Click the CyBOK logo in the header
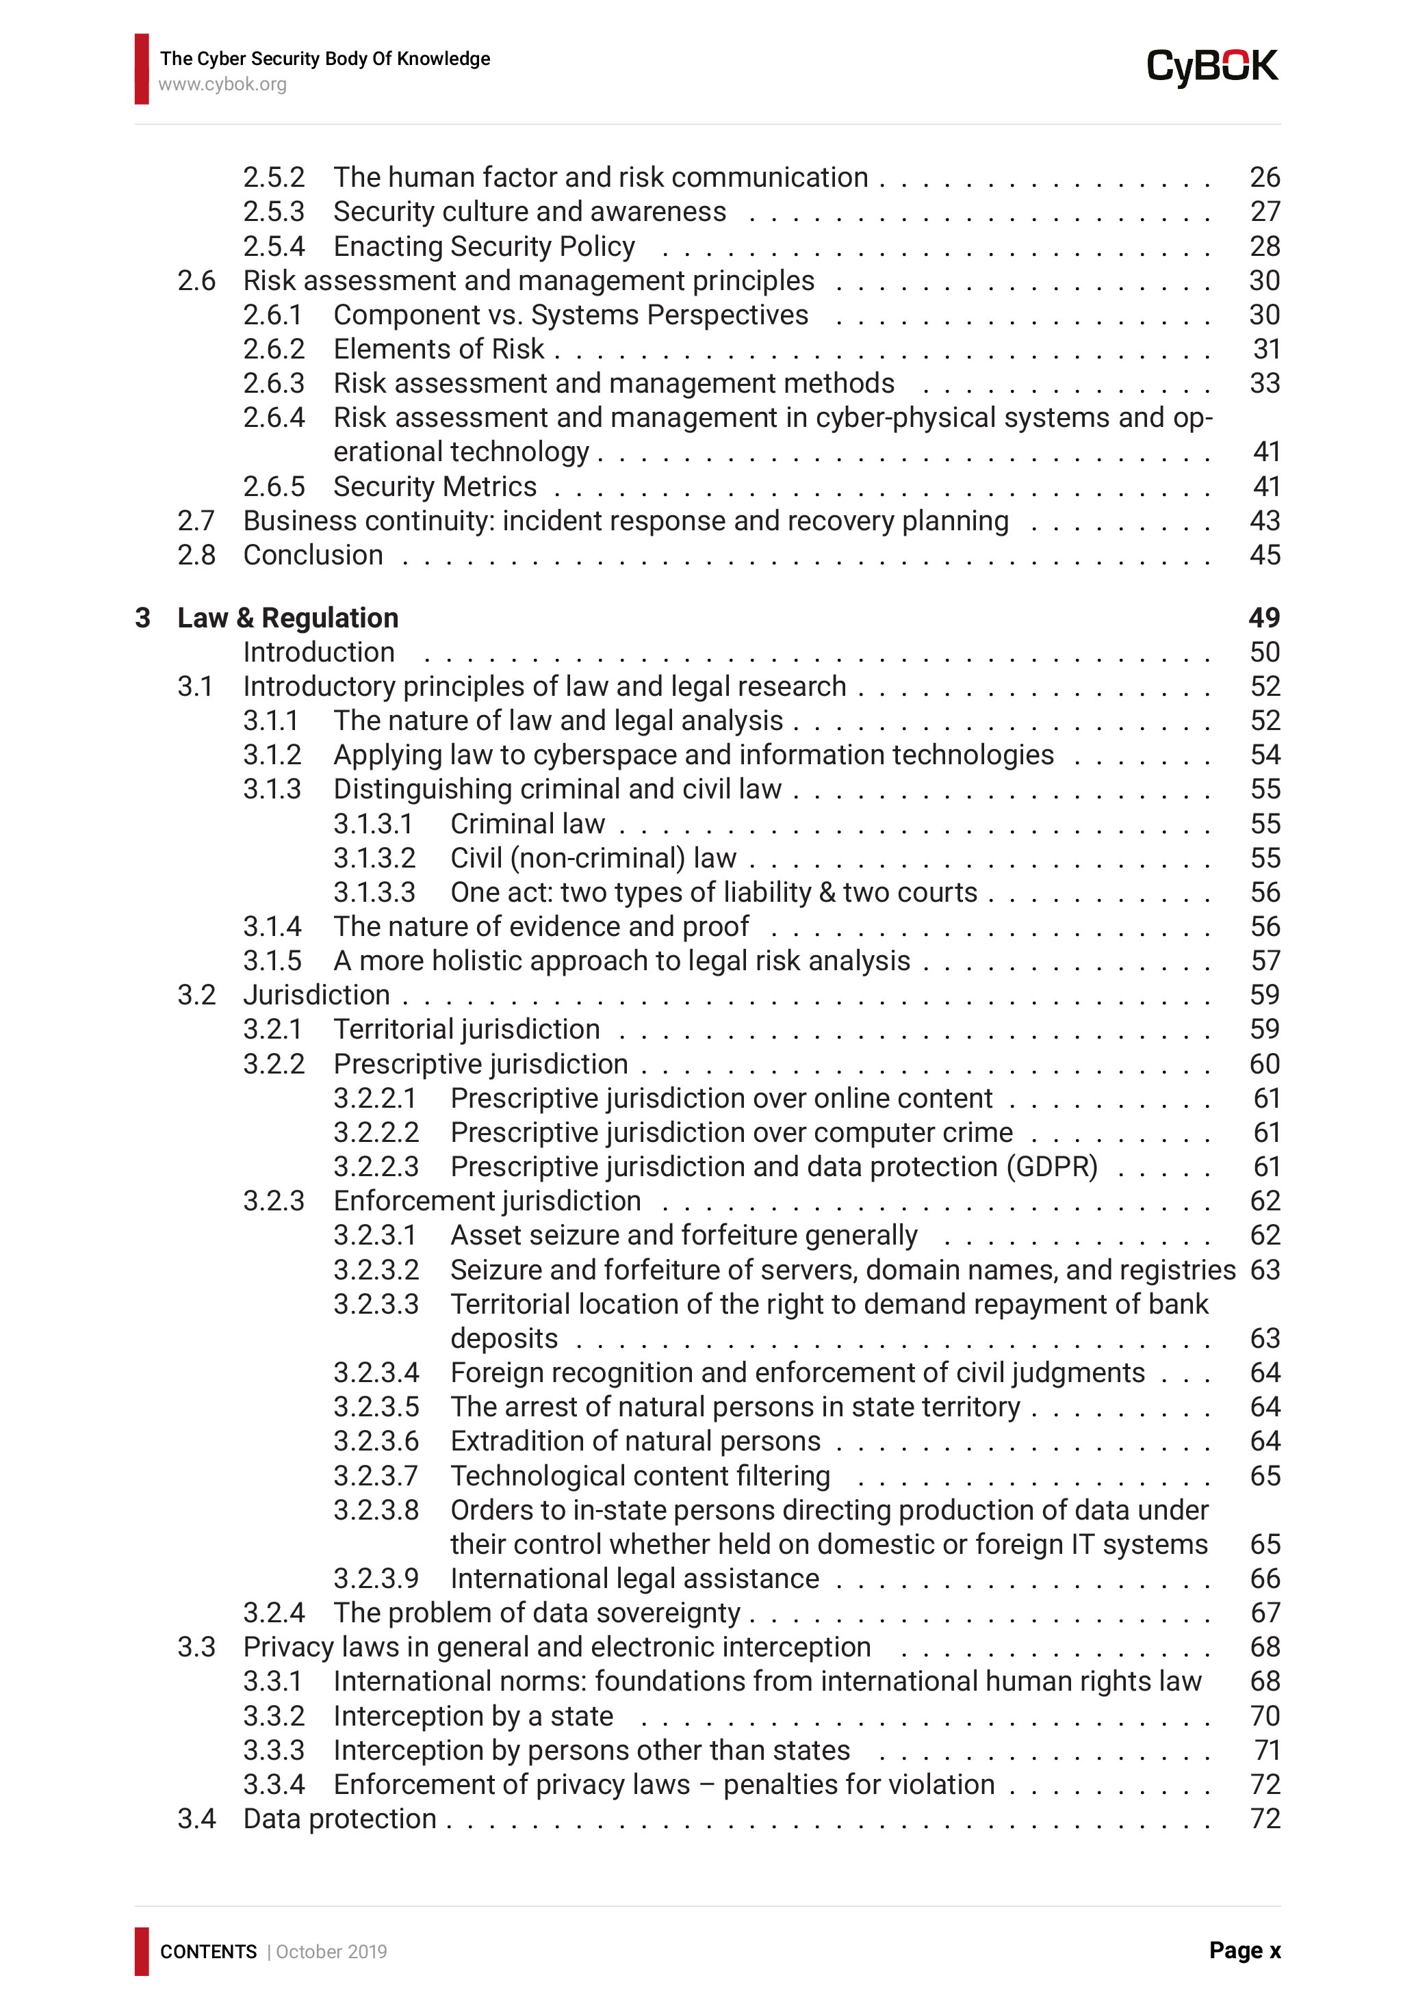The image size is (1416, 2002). tap(1211, 67)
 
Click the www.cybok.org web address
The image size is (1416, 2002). tap(222, 85)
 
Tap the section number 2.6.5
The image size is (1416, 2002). tap(274, 486)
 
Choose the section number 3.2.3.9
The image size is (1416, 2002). tap(376, 1578)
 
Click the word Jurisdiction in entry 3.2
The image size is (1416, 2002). tap(316, 995)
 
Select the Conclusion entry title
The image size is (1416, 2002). tap(312, 555)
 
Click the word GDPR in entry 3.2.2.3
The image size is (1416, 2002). tap(1051, 1167)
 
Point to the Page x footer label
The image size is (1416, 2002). tap(1244, 1951)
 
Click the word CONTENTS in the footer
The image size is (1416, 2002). tap(207, 1951)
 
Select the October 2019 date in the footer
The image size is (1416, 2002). tap(331, 1951)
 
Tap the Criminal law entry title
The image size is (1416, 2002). tap(527, 824)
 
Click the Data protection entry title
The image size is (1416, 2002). tap(339, 1819)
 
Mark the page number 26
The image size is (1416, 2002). tap(1264, 177)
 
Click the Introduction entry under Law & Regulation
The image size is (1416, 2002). tap(318, 652)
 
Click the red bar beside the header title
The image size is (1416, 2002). tap(141, 69)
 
